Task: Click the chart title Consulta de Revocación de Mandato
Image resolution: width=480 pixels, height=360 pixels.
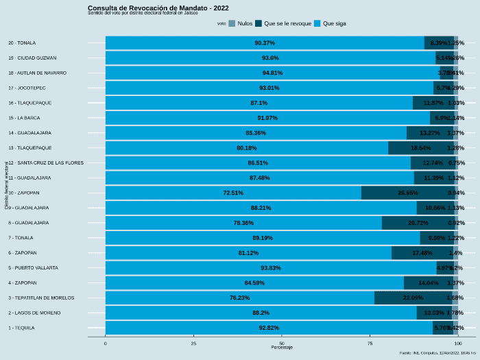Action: (x=158, y=8)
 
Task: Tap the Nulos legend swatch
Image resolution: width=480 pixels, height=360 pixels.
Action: (x=232, y=23)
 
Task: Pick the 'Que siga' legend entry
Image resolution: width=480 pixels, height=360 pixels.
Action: (x=330, y=23)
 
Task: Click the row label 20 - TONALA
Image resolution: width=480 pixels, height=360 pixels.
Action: (x=22, y=43)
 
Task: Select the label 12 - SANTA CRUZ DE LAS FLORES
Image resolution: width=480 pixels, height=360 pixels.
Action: (x=46, y=163)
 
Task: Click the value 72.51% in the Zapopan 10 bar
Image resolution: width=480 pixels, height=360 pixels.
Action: (x=233, y=193)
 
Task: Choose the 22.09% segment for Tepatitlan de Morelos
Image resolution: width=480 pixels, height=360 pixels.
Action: (x=413, y=298)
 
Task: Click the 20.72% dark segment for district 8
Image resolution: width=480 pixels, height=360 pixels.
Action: (x=417, y=223)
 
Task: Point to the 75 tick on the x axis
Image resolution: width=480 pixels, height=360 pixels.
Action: (x=370, y=343)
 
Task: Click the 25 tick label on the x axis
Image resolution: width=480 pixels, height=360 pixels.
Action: (x=193, y=343)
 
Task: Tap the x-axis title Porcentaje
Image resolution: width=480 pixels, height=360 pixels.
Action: (x=282, y=348)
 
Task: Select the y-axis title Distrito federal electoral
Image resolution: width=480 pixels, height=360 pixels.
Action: (x=6, y=185)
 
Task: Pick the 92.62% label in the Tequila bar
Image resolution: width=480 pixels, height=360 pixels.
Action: (x=269, y=328)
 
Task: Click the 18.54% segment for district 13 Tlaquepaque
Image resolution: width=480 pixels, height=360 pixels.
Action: (x=420, y=147)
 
